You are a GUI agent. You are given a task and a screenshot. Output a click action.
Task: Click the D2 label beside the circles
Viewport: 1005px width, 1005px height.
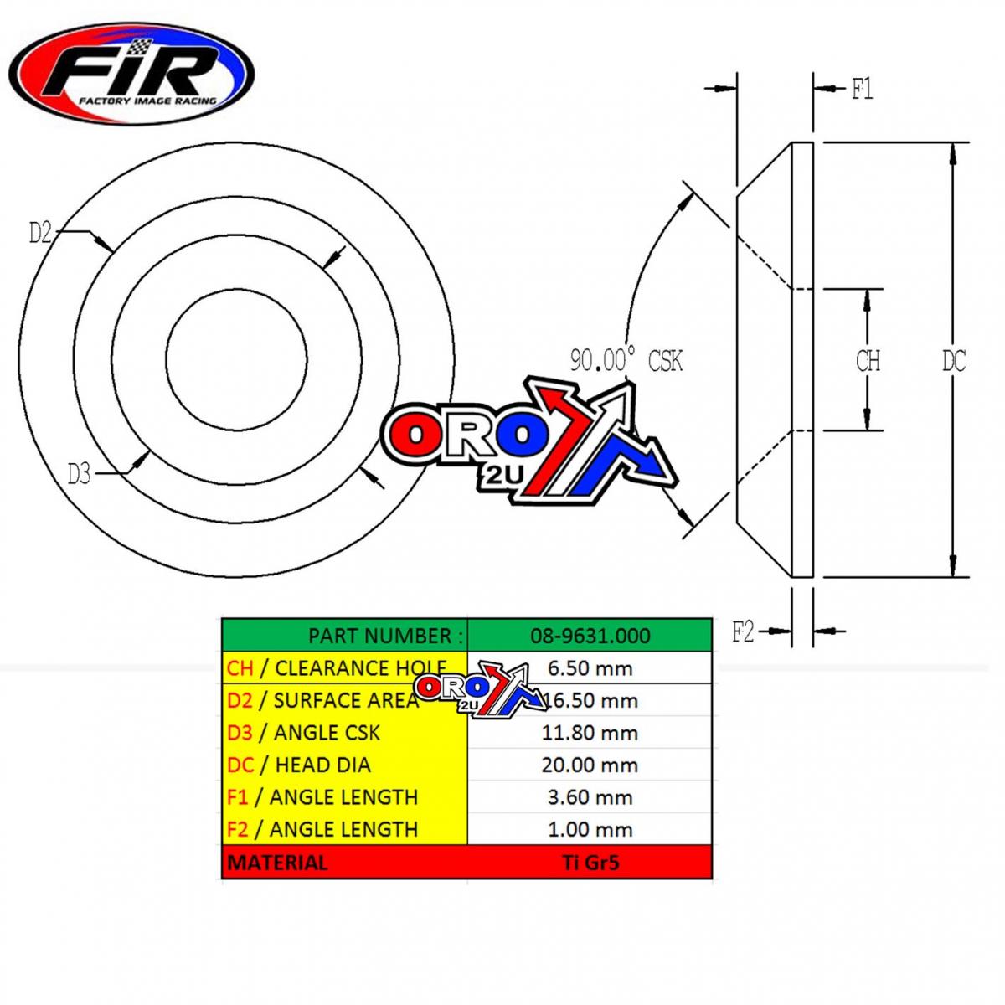pyautogui.click(x=40, y=233)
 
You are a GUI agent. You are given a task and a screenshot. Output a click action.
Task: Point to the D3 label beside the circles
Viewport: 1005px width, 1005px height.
pyautogui.click(x=79, y=475)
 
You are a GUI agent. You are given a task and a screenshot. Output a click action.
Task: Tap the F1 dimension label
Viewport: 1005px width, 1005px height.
pyautogui.click(x=862, y=89)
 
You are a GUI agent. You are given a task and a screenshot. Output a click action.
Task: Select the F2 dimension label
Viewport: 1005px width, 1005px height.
pyautogui.click(x=743, y=632)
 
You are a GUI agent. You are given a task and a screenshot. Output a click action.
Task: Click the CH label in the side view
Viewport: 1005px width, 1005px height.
pyautogui.click(x=868, y=361)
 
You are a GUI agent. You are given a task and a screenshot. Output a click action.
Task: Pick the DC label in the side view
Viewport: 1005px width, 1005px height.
pyautogui.click(x=953, y=361)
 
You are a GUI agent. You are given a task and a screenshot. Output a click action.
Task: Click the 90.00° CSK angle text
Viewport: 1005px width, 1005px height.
pyautogui.click(x=626, y=361)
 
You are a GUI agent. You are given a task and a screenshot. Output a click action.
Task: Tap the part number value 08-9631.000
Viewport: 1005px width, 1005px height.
pyautogui.click(x=590, y=636)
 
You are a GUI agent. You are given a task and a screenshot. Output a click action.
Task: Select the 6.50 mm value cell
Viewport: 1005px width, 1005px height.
pyautogui.click(x=590, y=668)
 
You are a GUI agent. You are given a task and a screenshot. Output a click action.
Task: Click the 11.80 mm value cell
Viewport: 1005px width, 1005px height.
pyautogui.click(x=590, y=733)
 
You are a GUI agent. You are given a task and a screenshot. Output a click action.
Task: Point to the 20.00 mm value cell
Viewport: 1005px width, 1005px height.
pyautogui.click(x=590, y=765)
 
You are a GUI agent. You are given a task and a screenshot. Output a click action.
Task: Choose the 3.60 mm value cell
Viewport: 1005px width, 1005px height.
pyautogui.click(x=590, y=797)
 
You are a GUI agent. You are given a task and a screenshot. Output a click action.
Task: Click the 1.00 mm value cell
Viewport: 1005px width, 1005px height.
pyautogui.click(x=590, y=829)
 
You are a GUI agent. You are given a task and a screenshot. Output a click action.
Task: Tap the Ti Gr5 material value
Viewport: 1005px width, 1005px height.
pyautogui.click(x=590, y=862)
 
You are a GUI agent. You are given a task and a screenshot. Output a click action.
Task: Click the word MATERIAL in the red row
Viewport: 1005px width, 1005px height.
pyautogui.click(x=277, y=862)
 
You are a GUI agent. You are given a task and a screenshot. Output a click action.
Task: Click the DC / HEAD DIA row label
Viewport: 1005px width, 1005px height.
pyautogui.click(x=298, y=765)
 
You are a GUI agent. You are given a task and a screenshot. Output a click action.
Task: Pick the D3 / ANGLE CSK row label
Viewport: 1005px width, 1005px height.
pyautogui.click(x=303, y=733)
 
